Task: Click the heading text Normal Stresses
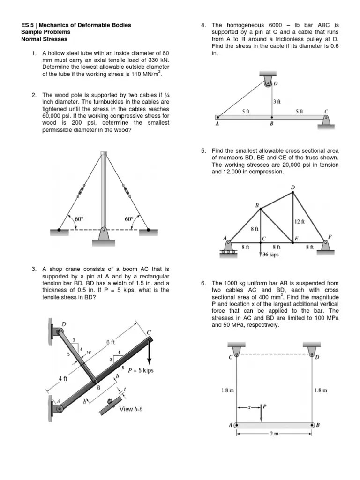click(x=45, y=39)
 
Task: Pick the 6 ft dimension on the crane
click(x=111, y=342)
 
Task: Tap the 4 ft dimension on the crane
click(x=63, y=379)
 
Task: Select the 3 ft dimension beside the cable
click(x=277, y=101)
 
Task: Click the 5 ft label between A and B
click(x=245, y=112)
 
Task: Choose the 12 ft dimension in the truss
click(x=300, y=221)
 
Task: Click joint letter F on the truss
click(x=330, y=237)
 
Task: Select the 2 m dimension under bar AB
click(x=275, y=434)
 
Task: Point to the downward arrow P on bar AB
click(x=262, y=412)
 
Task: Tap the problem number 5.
click(x=203, y=151)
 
